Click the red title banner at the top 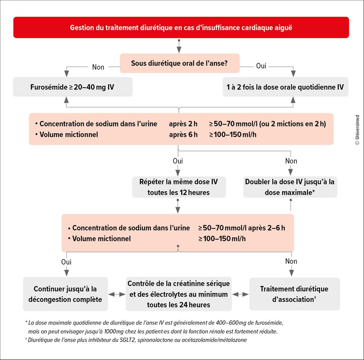181,27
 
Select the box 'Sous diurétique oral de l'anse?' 180,63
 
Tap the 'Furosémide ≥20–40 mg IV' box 73,87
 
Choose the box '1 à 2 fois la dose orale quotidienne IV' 285,87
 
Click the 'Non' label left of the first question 98,67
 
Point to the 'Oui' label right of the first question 261,66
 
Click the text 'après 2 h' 183,124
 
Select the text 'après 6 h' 183,135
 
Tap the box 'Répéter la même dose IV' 179,187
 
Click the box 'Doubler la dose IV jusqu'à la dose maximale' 290,187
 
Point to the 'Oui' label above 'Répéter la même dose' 178,161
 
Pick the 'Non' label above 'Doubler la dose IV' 291,161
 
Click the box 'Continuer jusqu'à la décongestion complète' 65,294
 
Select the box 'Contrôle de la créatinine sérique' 179,294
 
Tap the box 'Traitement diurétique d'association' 295,294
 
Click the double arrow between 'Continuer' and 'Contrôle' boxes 117,294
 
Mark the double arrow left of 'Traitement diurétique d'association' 240,294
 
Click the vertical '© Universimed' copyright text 357,130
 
